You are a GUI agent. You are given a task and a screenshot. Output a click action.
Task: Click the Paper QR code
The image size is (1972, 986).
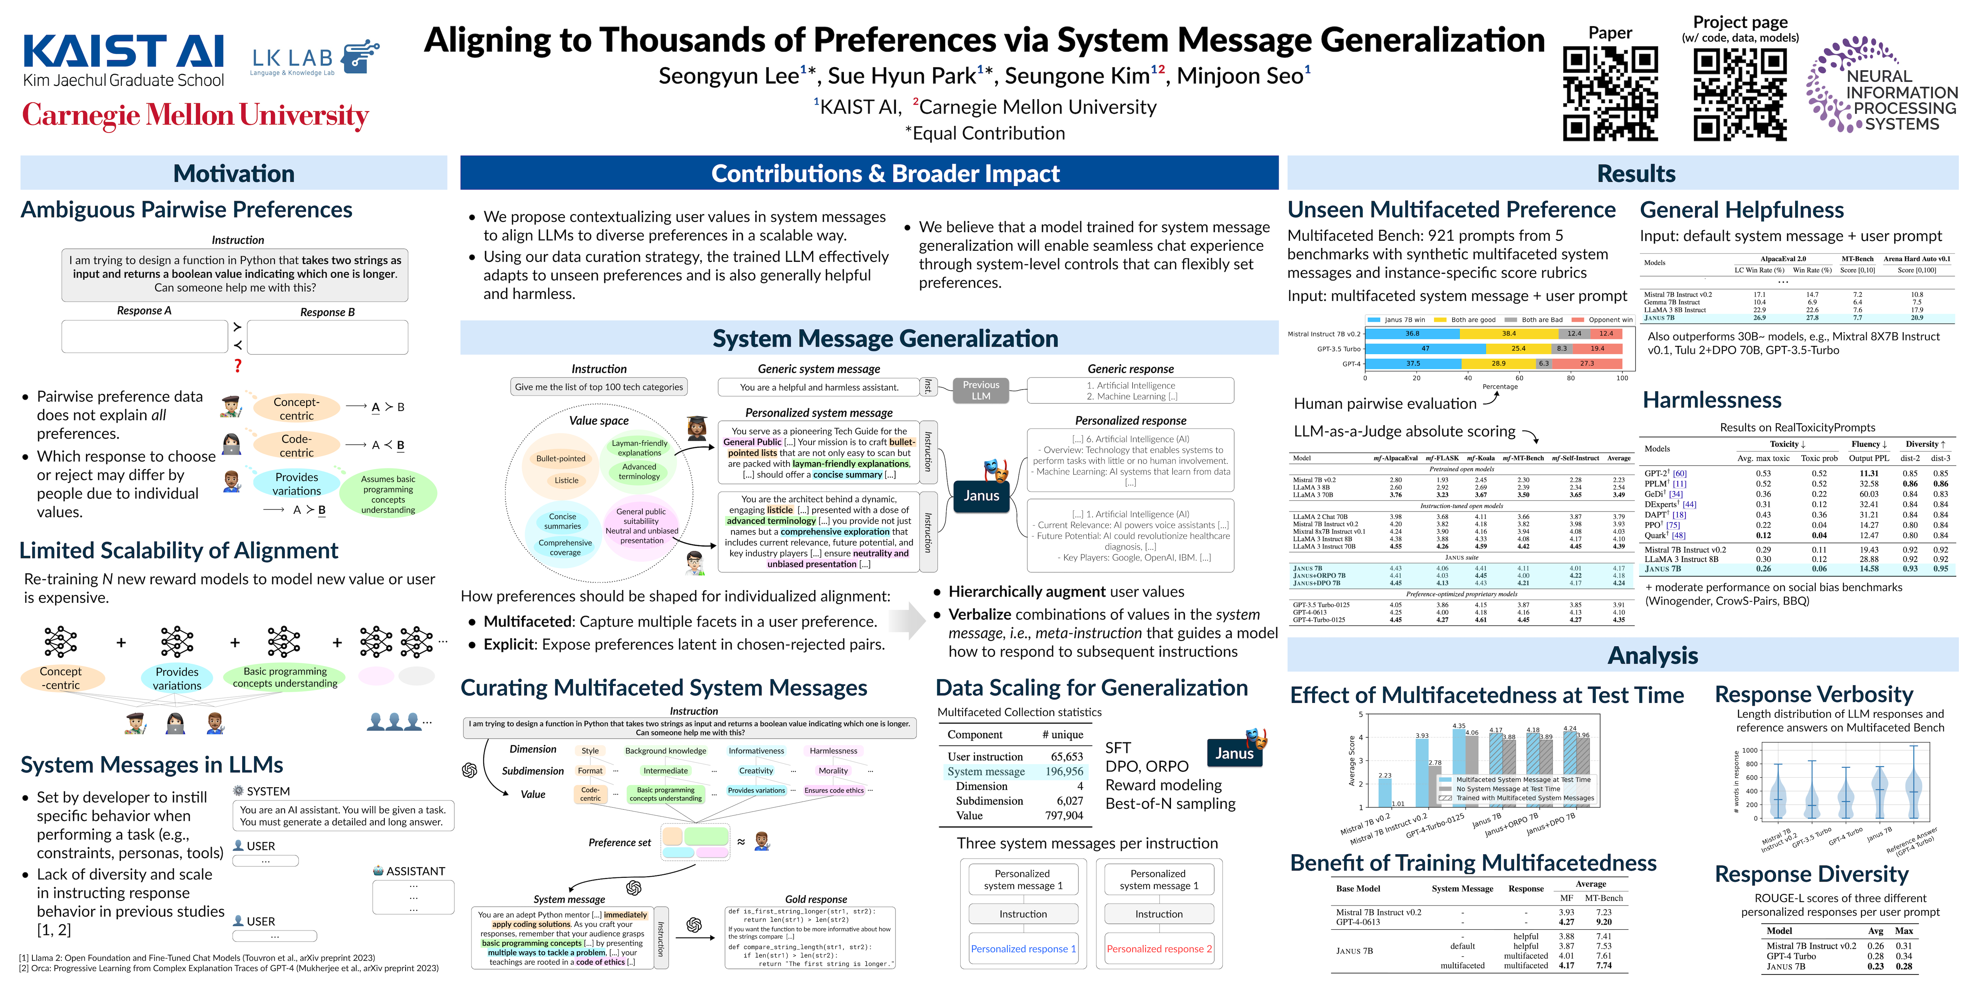1610,93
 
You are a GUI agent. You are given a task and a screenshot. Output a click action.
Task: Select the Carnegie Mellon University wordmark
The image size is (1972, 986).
195,115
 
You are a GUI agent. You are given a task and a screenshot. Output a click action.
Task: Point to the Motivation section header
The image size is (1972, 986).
233,173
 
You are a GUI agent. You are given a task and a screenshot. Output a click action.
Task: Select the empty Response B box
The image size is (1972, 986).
328,337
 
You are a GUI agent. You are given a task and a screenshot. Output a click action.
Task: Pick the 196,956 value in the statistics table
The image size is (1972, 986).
1064,771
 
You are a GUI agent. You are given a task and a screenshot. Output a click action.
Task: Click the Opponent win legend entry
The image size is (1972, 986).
1604,320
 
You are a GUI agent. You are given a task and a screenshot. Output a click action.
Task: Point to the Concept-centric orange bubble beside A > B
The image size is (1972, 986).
296,408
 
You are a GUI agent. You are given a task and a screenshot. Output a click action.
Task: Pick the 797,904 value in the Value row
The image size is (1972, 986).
1064,815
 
